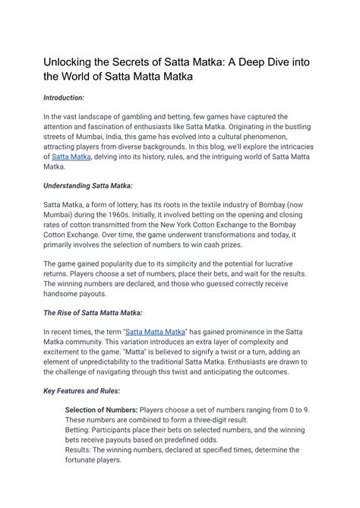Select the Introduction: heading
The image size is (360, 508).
pyautogui.click(x=64, y=98)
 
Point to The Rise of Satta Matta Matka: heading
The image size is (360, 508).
pyautogui.click(x=93, y=312)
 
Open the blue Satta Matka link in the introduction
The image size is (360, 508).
pyautogui.click(x=71, y=156)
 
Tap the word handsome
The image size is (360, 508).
pyautogui.click(x=66, y=293)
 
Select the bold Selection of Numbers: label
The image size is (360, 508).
pyautogui.click(x=101, y=409)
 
